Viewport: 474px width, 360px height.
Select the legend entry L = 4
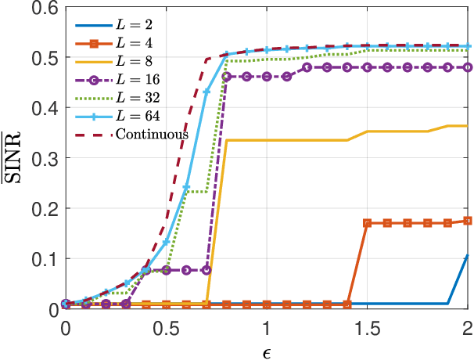tap(133, 38)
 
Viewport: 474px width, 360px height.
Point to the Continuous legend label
tap(152, 134)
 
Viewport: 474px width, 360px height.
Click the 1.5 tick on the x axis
tap(367, 325)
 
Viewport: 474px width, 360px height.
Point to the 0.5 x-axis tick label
tap(165, 325)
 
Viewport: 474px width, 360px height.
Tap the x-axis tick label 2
tap(467, 325)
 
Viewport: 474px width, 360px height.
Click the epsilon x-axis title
tap(266, 349)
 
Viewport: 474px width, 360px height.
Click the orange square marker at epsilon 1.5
tap(367, 223)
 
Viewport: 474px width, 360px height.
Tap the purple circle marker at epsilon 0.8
tap(226, 77)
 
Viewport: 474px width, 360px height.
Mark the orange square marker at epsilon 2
tap(467, 221)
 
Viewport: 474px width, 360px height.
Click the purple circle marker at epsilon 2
tap(467, 67)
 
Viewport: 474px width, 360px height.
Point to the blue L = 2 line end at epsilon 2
tap(467, 256)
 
